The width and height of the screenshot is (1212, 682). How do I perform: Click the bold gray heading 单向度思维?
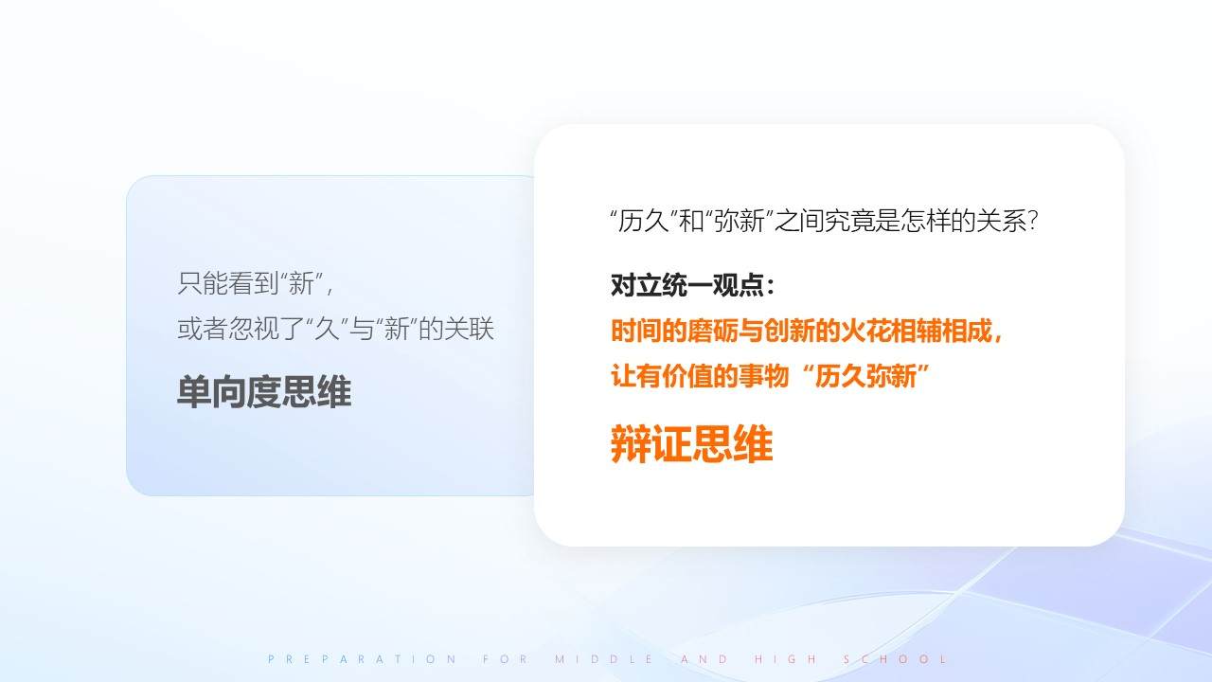pyautogui.click(x=264, y=391)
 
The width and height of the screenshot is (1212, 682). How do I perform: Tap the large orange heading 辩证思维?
pyautogui.click(x=691, y=444)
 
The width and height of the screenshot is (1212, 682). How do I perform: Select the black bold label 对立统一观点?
pyautogui.click(x=687, y=285)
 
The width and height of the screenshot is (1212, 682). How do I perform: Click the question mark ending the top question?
pyautogui.click(x=1032, y=221)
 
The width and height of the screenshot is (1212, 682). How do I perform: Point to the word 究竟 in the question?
pyautogui.click(x=850, y=221)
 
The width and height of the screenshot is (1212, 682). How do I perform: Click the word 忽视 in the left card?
pyautogui.click(x=253, y=329)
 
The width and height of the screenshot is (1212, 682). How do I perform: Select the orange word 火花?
pyautogui.click(x=865, y=331)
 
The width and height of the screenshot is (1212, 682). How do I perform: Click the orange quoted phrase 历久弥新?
pyautogui.click(x=865, y=376)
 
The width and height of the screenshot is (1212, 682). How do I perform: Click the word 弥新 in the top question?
pyautogui.click(x=740, y=221)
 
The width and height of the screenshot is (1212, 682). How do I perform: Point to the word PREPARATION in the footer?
pyautogui.click(x=363, y=659)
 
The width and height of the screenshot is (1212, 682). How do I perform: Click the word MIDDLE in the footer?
pyautogui.click(x=604, y=659)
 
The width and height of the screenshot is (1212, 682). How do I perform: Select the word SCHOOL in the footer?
pyautogui.click(x=896, y=659)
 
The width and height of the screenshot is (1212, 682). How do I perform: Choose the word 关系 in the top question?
pyautogui.click(x=1001, y=221)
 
